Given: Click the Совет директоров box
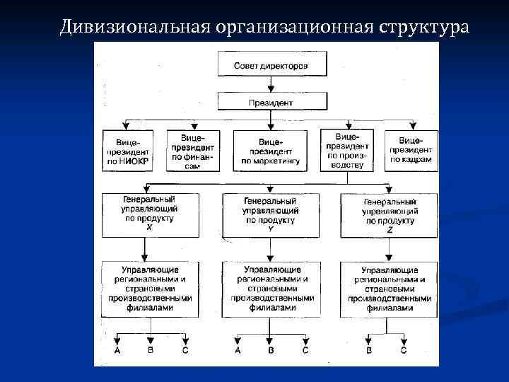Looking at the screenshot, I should click(x=270, y=66).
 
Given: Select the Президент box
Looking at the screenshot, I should click(x=270, y=103).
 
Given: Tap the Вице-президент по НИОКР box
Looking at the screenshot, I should click(x=128, y=151).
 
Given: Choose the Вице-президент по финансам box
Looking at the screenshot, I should click(x=192, y=151).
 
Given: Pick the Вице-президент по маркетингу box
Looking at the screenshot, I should click(x=270, y=151).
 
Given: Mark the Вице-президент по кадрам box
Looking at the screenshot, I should click(x=411, y=151).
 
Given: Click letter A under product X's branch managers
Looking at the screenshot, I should click(x=117, y=350).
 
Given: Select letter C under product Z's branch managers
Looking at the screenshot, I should click(x=404, y=350).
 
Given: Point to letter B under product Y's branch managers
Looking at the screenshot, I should click(x=271, y=350).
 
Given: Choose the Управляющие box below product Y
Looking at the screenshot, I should click(x=270, y=289).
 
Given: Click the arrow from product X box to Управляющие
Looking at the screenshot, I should click(x=145, y=249).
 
